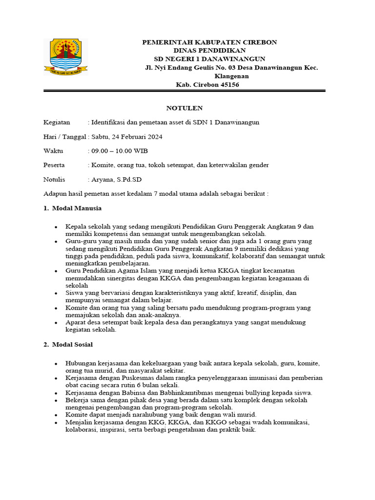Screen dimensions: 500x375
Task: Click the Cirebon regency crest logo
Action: point(66,57)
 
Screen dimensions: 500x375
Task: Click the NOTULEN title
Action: point(184,108)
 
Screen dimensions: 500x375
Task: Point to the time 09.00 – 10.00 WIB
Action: point(117,151)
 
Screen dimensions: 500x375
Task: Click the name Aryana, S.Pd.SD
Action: point(114,180)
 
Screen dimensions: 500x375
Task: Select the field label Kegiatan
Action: point(57,122)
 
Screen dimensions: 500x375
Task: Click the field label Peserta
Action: point(54,165)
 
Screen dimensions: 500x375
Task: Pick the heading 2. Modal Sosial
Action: point(68,344)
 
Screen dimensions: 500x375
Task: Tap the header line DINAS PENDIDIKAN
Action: point(209,50)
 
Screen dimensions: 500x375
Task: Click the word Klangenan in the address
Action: point(231,76)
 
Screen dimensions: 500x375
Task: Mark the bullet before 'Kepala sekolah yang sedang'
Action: point(57,227)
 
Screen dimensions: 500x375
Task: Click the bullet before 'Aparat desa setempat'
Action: point(57,323)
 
